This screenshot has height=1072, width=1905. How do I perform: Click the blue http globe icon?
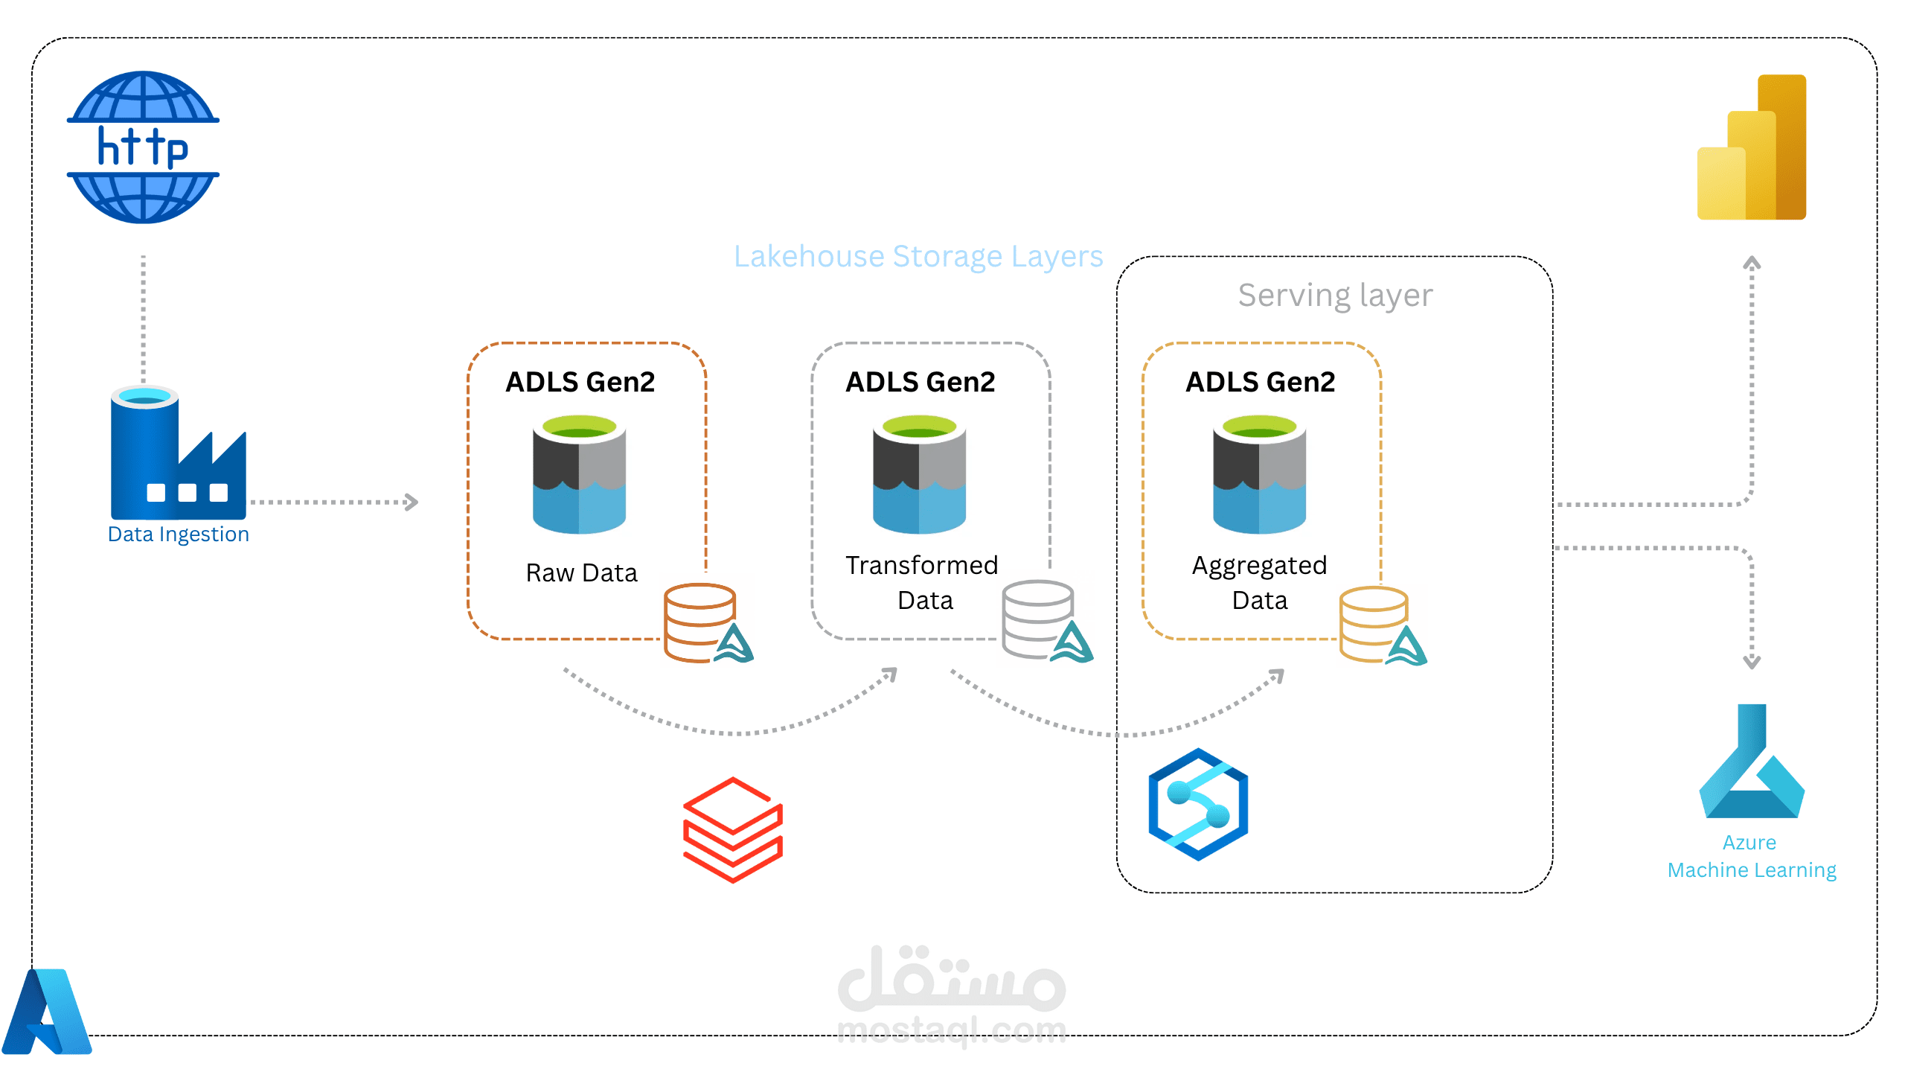pyautogui.click(x=143, y=147)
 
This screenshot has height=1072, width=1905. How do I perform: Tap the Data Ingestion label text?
pyautogui.click(x=178, y=535)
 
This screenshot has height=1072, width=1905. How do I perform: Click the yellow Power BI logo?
pyautogui.click(x=1752, y=147)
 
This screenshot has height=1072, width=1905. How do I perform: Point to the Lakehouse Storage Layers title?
pyautogui.click(x=918, y=257)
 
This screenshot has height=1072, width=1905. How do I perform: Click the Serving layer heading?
pyautogui.click(x=1335, y=296)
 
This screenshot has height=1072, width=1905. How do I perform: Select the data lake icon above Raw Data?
pyautogui.click(x=579, y=474)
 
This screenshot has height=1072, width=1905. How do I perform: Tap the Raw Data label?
pyautogui.click(x=581, y=572)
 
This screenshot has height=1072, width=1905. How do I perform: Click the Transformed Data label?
pyautogui.click(x=922, y=582)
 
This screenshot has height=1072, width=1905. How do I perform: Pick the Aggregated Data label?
pyautogui.click(x=1259, y=582)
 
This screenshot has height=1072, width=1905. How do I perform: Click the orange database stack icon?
pyautogui.click(x=700, y=622)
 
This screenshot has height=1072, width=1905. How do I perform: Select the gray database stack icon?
pyautogui.click(x=1037, y=619)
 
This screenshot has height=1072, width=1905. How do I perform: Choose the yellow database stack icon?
pyautogui.click(x=1374, y=624)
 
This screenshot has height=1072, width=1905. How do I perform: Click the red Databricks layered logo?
pyautogui.click(x=732, y=829)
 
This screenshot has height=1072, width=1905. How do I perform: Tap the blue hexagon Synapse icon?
pyautogui.click(x=1197, y=804)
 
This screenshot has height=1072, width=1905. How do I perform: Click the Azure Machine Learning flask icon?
pyautogui.click(x=1752, y=762)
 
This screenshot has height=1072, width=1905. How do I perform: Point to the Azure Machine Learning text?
pyautogui.click(x=1751, y=856)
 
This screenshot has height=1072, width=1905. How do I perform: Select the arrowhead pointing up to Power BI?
pyautogui.click(x=1752, y=263)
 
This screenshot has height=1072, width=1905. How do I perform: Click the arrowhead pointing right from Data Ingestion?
pyautogui.click(x=412, y=502)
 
